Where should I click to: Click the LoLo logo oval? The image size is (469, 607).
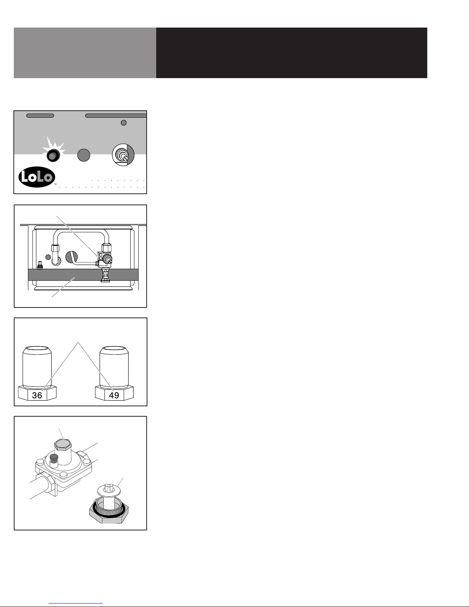click(37, 177)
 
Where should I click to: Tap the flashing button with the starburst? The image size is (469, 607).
click(53, 155)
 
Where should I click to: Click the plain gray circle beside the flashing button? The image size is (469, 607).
click(84, 155)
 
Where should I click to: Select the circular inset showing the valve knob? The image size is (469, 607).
click(123, 155)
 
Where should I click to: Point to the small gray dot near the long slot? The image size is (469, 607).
click(124, 123)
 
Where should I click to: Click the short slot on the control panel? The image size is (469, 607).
click(40, 115)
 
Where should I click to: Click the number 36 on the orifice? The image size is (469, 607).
click(37, 395)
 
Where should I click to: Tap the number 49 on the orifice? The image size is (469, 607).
click(114, 395)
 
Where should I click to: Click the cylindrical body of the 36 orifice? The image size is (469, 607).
click(37, 367)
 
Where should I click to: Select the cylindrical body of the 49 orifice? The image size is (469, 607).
click(114, 367)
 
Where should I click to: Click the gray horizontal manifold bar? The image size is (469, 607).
click(83, 275)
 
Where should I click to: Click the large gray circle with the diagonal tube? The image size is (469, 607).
click(72, 257)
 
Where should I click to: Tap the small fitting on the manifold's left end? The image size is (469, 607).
click(40, 265)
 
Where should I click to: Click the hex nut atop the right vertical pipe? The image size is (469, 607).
click(107, 248)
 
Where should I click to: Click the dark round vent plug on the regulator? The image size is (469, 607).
click(54, 457)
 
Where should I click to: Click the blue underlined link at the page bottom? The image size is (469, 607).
click(76, 603)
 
